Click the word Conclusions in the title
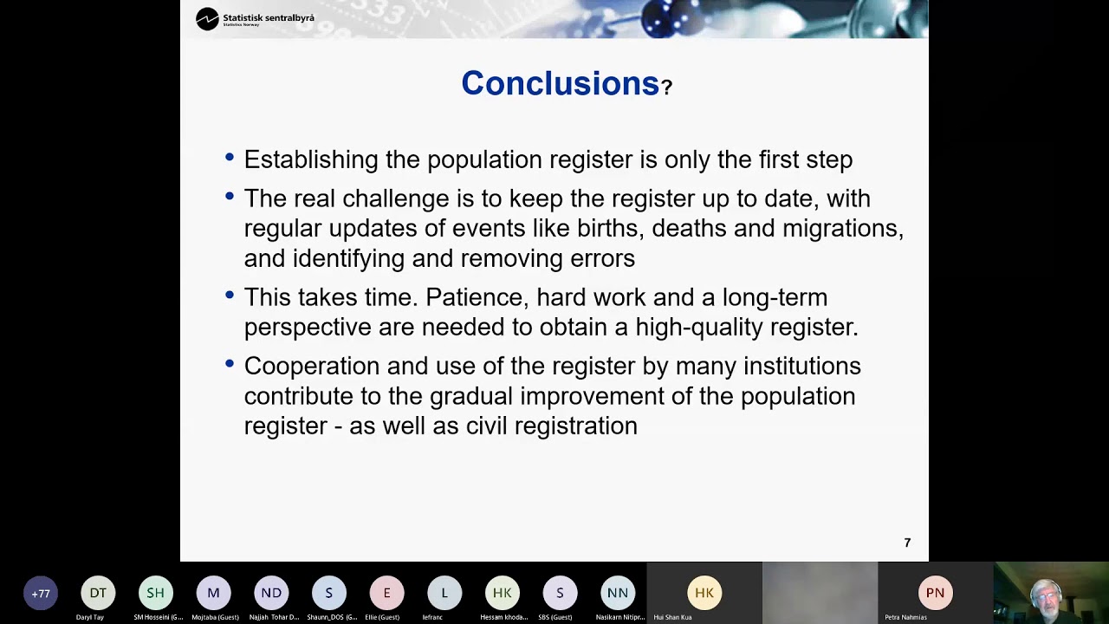tap(560, 83)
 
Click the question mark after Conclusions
tap(666, 88)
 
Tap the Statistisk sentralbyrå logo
tap(255, 18)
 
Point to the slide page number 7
tap(907, 543)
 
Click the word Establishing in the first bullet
tap(311, 159)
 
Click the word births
tap(611, 228)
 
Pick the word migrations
tap(841, 228)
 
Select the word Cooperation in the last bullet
tap(312, 366)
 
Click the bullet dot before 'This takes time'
tap(230, 295)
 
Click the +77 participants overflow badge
tap(41, 594)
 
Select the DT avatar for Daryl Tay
tap(98, 593)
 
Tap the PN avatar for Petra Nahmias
tap(935, 593)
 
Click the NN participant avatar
tap(618, 593)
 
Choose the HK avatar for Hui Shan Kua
tap(704, 593)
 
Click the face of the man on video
tap(1045, 595)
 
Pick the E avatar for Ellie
tap(386, 593)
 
